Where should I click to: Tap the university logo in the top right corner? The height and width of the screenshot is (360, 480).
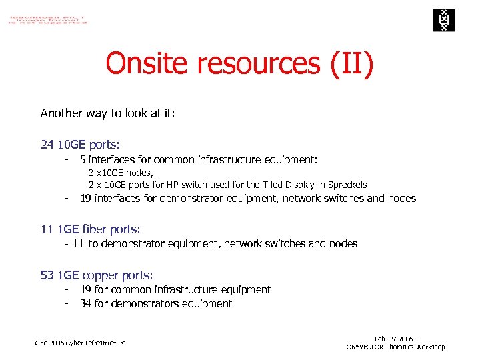click(441, 20)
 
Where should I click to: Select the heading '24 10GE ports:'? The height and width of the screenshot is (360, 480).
click(80, 145)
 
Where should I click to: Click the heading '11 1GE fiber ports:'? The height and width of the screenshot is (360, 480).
click(90, 229)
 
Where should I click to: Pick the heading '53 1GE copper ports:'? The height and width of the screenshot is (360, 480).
click(97, 275)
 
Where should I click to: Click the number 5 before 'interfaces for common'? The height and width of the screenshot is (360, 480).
click(83, 159)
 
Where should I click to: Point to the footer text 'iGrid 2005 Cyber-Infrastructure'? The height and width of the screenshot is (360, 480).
click(79, 343)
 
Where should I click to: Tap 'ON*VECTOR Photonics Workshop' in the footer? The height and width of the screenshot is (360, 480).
click(395, 347)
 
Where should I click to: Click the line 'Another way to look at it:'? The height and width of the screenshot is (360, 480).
click(108, 113)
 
